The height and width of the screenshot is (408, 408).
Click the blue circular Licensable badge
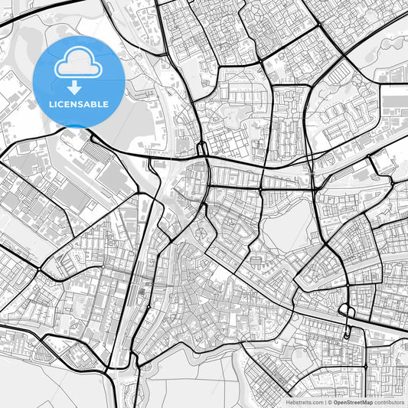79,81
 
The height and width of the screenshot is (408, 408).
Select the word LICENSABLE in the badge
79,104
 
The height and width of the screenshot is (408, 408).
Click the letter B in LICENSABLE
94,104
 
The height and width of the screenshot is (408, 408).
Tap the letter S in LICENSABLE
79,104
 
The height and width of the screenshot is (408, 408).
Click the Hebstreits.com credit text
304,402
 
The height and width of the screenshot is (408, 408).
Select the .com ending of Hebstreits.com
316,402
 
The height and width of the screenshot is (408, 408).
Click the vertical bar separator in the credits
325,402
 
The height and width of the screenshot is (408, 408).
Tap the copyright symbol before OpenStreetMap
330,402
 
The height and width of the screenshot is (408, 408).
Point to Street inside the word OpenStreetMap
354,402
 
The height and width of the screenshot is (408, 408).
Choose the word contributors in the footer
390,402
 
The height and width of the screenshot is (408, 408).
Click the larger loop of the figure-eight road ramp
346,312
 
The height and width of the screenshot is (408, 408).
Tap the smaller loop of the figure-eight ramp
348,332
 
